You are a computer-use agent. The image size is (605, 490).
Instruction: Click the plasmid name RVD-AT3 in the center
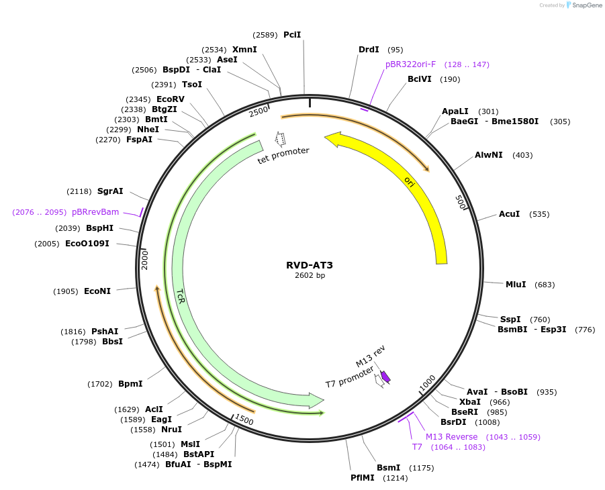click(x=309, y=265)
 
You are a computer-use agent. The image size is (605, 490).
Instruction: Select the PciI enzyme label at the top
click(x=292, y=34)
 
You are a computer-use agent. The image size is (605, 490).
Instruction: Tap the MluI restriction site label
click(x=516, y=284)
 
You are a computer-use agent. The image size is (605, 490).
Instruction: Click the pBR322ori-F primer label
click(x=410, y=64)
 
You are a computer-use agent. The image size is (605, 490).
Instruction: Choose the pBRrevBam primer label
click(x=95, y=212)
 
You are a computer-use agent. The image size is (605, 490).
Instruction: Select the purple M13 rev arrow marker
click(x=385, y=377)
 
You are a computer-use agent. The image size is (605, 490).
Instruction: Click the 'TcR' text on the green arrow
click(x=181, y=296)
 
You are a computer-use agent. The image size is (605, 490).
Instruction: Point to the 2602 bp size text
click(x=310, y=276)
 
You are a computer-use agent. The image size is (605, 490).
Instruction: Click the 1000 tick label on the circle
click(x=428, y=383)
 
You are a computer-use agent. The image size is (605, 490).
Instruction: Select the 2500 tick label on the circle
click(x=259, y=111)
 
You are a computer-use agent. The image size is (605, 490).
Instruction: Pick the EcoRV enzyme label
click(x=171, y=99)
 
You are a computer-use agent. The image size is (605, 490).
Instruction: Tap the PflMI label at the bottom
click(x=363, y=478)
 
